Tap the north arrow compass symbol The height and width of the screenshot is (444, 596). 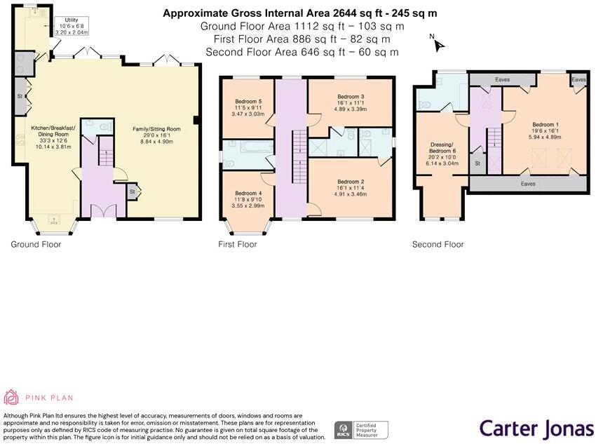[x=438, y=43]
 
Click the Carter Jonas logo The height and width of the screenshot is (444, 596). [x=536, y=429]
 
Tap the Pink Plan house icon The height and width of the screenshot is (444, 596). [x=11, y=397]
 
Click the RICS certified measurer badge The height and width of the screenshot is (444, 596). [x=361, y=430]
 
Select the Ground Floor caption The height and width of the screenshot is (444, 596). [x=36, y=244]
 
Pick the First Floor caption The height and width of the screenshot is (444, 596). [x=238, y=244]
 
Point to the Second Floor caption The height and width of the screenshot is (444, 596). [x=438, y=244]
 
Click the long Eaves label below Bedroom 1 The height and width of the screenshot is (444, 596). [x=528, y=184]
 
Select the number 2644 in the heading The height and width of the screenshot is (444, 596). [x=345, y=13]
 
